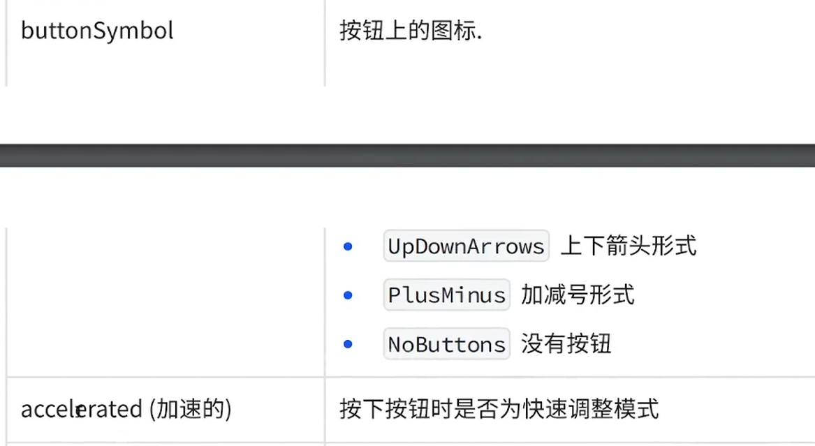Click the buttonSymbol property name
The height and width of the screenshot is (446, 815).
[97, 31]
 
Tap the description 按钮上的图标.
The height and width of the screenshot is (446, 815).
[411, 31]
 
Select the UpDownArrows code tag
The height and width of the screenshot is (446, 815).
[466, 246]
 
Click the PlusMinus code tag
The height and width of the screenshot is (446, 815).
[447, 295]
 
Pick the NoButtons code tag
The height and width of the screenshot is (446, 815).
[447, 344]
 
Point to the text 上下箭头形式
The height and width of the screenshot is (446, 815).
[629, 246]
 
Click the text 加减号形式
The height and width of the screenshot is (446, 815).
[578, 295]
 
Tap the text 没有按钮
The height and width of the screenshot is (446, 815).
[566, 344]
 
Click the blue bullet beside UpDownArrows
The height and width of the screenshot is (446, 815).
[348, 246]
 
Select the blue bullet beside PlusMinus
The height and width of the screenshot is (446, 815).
[348, 295]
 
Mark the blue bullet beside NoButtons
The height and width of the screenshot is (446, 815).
[348, 344]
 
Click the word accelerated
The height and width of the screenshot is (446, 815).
[81, 410]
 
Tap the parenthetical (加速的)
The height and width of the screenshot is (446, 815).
[190, 410]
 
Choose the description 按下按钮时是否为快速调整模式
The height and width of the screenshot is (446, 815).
[499, 409]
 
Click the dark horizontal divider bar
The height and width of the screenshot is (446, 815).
[407, 156]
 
